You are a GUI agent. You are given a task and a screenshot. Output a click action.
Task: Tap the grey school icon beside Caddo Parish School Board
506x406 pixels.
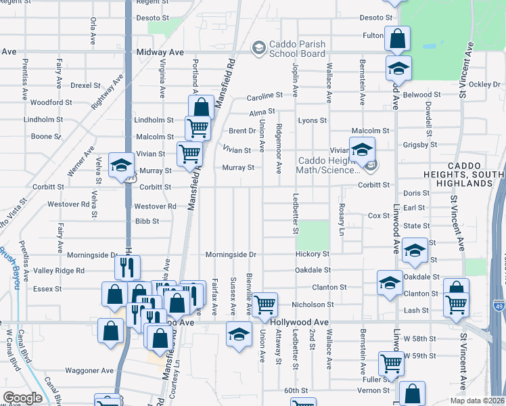258,47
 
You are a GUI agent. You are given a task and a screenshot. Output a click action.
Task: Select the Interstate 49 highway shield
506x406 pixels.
498,307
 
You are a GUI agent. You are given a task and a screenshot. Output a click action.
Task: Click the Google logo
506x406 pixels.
23,397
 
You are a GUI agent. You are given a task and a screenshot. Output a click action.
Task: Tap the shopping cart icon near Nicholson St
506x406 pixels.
264,305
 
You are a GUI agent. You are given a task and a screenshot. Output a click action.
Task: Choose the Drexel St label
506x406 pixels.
85,86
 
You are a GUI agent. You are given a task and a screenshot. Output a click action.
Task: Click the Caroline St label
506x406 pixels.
263,96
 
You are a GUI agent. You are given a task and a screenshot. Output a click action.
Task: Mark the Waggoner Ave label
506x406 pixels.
89,371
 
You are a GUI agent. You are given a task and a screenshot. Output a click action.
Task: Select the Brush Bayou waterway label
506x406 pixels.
12,257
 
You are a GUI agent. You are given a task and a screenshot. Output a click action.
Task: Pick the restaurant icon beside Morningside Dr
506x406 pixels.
127,267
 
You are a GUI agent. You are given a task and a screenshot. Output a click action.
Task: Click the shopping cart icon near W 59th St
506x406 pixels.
391,363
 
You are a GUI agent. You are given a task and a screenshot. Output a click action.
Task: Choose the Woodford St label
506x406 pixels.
51,103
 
